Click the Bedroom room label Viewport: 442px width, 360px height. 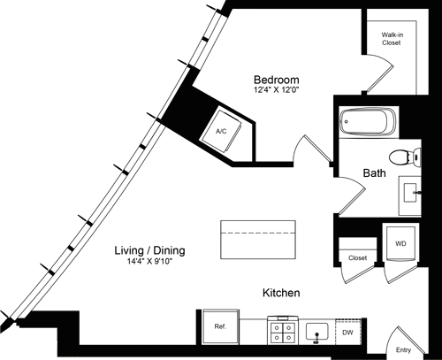pyautogui.click(x=275, y=78)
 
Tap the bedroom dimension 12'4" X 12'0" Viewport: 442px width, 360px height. pyautogui.click(x=275, y=89)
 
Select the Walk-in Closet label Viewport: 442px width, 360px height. pyautogui.click(x=392, y=38)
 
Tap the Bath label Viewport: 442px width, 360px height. pyautogui.click(x=375, y=174)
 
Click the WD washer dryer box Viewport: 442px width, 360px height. pyautogui.click(x=399, y=241)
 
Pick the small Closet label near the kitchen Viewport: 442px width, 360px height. pyautogui.click(x=357, y=258)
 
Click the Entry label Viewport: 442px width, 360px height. pyautogui.click(x=403, y=349)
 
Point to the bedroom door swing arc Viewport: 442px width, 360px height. pyautogui.click(x=311, y=149)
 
